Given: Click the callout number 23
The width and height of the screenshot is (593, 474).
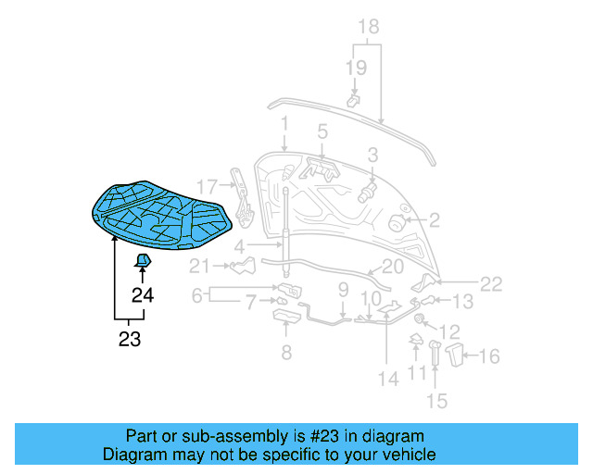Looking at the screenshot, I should pos(130,339).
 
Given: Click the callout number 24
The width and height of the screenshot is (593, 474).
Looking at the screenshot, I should pos(142,295).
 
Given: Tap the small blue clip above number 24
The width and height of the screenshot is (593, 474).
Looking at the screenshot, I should pos(144,259).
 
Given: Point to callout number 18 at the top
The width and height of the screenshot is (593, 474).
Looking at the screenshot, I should pos(368,26).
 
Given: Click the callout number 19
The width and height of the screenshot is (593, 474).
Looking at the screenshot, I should pos(356,67).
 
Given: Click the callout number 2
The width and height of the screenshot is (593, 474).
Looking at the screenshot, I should pos(434,220).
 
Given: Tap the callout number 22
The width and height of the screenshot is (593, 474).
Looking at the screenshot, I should pos(491,284).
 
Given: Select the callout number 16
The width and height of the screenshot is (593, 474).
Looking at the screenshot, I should pos(489,355).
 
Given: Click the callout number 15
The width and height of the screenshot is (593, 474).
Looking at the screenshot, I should pos(435,400).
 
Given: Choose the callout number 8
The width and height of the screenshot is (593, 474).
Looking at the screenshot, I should pos(285,352).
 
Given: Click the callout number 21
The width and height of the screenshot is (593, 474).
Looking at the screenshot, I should pos(201,268).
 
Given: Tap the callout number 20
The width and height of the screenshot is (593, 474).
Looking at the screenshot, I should pos(392,266).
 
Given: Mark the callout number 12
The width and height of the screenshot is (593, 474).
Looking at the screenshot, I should pos(448,331).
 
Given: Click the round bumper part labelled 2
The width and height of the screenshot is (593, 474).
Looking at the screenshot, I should pos(396,222).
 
